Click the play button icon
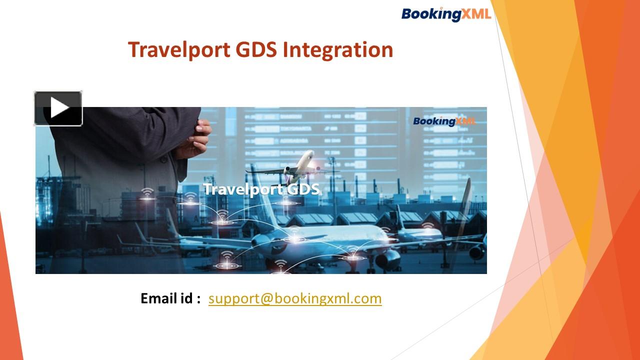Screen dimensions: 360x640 58,108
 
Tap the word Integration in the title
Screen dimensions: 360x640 338,50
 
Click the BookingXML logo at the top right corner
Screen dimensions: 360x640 446,14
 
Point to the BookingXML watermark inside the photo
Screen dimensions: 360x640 444,121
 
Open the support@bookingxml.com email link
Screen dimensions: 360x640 295,298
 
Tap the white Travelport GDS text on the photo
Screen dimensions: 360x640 261,189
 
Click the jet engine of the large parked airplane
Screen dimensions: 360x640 388,259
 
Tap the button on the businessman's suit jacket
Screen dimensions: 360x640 163,159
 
